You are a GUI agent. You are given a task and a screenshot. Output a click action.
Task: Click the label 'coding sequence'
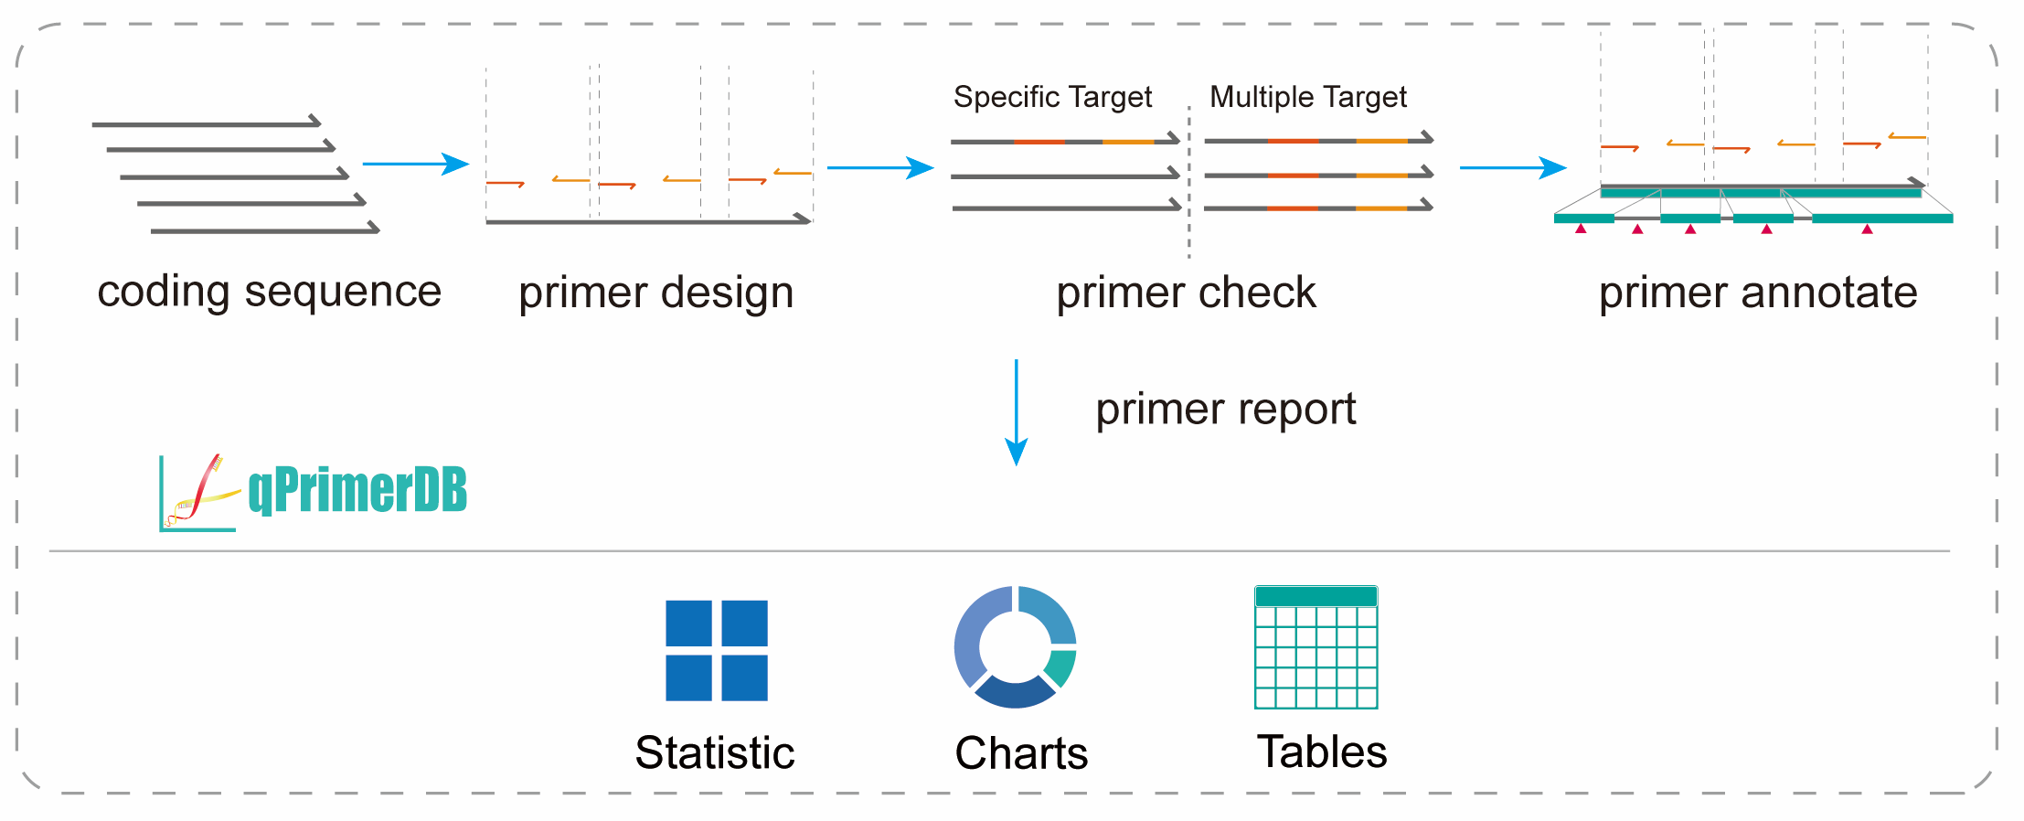pyautogui.click(x=269, y=293)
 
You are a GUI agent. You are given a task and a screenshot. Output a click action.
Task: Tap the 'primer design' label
pyautogui.click(x=655, y=293)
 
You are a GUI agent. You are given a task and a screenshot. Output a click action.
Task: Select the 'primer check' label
pyautogui.click(x=1186, y=293)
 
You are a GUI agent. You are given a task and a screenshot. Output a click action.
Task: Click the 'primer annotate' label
pyautogui.click(x=1757, y=293)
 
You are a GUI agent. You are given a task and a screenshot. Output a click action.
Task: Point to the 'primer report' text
pyautogui.click(x=1225, y=409)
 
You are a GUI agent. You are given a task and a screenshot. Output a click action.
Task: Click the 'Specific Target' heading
pyautogui.click(x=1052, y=97)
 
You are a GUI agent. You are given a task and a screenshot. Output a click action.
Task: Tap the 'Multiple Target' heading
pyautogui.click(x=1307, y=97)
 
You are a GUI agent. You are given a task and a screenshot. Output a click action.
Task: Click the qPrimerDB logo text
pyautogui.click(x=357, y=490)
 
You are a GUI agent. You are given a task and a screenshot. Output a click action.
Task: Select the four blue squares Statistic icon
pyautogui.click(x=716, y=650)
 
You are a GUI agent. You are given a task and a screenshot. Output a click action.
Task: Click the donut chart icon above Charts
pyautogui.click(x=1014, y=646)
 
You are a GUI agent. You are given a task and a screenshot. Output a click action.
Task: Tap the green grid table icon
pyautogui.click(x=1316, y=647)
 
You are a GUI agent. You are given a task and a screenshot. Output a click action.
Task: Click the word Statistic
pyautogui.click(x=714, y=753)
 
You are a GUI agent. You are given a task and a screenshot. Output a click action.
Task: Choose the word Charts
pyautogui.click(x=1021, y=754)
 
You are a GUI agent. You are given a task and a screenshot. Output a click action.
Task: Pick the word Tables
pyautogui.click(x=1321, y=752)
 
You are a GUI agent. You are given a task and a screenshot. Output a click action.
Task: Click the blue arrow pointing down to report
pyautogui.click(x=1016, y=411)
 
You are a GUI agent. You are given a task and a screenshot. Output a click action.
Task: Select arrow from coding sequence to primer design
pyautogui.click(x=415, y=165)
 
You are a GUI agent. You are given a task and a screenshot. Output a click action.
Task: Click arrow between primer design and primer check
pyautogui.click(x=879, y=168)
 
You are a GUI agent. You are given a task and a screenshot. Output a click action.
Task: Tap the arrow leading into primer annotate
pyautogui.click(x=1512, y=168)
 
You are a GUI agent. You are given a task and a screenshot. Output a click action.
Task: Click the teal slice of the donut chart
pyautogui.click(x=1061, y=667)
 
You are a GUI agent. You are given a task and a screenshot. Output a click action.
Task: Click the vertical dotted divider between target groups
pyautogui.click(x=1188, y=183)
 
